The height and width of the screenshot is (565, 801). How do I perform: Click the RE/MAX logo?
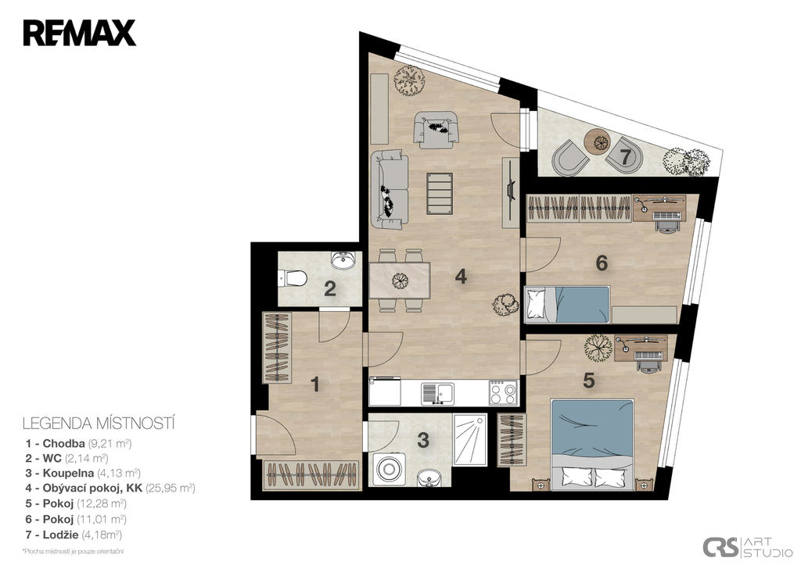click(79, 33)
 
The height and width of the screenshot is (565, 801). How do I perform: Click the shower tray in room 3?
click(470, 439)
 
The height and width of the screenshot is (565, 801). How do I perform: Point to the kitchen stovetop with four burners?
click(503, 392)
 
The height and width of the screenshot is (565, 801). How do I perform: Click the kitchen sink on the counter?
click(437, 394)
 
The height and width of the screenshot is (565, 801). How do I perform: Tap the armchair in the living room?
click(435, 130)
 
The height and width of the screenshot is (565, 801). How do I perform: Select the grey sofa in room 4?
click(390, 189)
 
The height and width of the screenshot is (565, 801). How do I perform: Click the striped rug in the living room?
click(440, 194)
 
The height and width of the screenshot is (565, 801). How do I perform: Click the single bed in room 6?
click(568, 305)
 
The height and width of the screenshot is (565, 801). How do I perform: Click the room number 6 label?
click(602, 263)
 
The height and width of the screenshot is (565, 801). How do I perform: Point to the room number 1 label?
click(315, 384)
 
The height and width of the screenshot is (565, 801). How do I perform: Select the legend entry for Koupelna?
click(83, 473)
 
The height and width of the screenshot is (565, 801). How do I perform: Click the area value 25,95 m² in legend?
click(171, 488)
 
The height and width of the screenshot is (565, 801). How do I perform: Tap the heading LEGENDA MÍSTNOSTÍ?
click(99, 423)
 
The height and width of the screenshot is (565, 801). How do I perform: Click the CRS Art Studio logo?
click(747, 546)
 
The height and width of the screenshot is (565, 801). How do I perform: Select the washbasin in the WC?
click(343, 260)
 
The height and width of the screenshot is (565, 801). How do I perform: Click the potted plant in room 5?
click(598, 348)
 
